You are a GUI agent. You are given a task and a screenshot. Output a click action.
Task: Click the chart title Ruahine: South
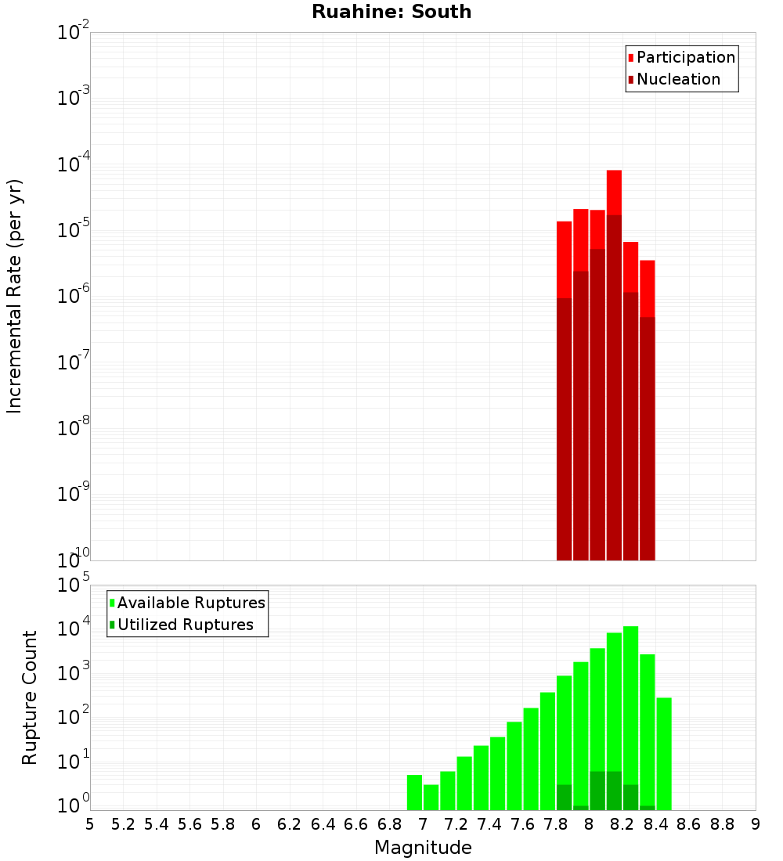point(391,12)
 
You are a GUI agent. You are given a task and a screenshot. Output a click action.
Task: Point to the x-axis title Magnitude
point(423,848)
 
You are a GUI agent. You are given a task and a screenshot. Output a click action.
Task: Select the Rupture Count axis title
point(30,697)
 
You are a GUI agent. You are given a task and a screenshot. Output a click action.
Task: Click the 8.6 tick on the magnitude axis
point(689,823)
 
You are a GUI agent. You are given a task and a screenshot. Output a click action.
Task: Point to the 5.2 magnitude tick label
point(123,823)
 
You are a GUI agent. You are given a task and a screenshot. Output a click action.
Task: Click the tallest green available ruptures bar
point(630,704)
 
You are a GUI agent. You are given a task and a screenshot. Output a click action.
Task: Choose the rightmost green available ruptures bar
point(664,751)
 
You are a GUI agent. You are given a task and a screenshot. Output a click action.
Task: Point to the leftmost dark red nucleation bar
point(564,430)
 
